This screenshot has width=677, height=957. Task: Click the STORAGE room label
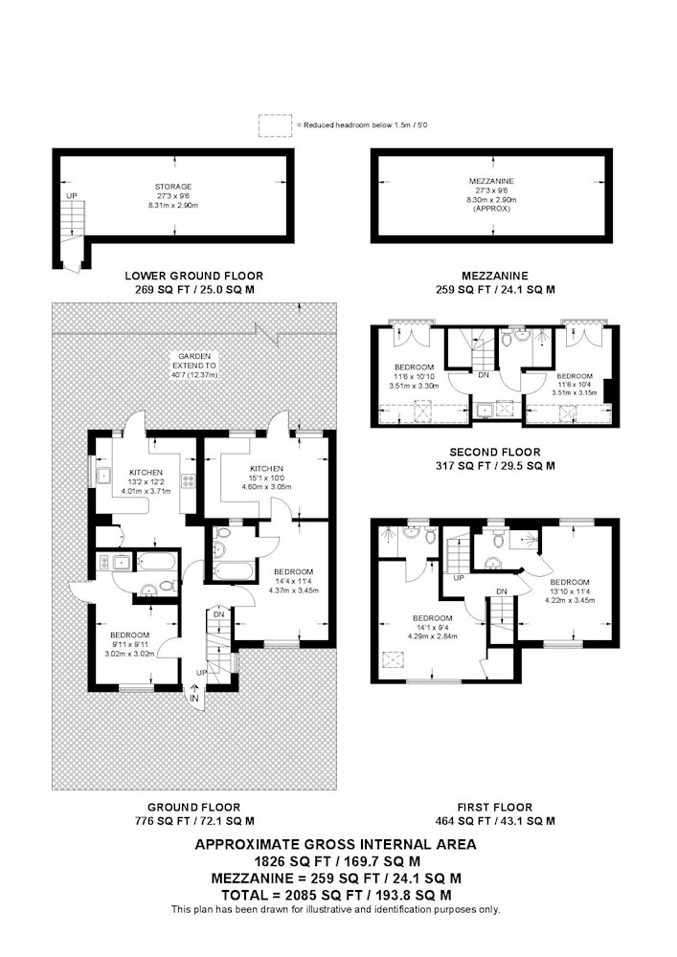(x=173, y=187)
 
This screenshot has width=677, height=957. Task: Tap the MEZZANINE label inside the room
(x=491, y=181)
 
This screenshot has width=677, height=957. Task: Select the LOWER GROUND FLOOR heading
(x=194, y=276)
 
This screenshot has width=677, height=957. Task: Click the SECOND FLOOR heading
(x=495, y=453)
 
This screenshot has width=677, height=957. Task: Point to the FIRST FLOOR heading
(x=495, y=807)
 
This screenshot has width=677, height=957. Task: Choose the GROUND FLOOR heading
(x=194, y=807)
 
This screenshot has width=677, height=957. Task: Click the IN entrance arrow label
(x=194, y=698)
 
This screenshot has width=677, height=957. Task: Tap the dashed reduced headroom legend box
(x=276, y=125)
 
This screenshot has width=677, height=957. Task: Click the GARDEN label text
(x=194, y=356)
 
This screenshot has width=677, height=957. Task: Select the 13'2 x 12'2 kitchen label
(x=146, y=481)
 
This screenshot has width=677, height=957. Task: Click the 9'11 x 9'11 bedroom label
(x=129, y=644)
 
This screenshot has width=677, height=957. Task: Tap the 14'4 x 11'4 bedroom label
(x=294, y=581)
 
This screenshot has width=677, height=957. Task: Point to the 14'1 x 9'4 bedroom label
(x=432, y=627)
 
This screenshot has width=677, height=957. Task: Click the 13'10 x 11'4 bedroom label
(x=570, y=590)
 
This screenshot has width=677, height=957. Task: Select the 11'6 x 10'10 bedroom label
(x=415, y=376)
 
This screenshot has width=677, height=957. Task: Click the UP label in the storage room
(x=72, y=196)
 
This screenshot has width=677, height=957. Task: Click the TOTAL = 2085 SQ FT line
(x=336, y=896)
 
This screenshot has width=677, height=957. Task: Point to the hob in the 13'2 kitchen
(x=188, y=481)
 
